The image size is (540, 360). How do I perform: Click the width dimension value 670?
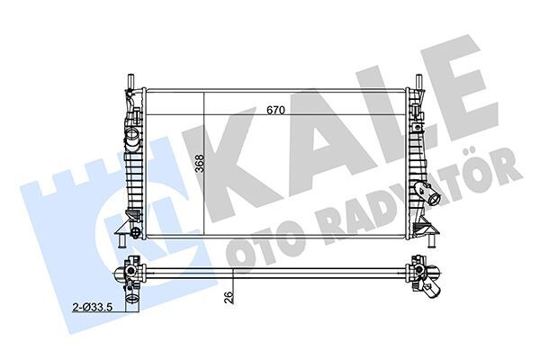pyautogui.click(x=275, y=111)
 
